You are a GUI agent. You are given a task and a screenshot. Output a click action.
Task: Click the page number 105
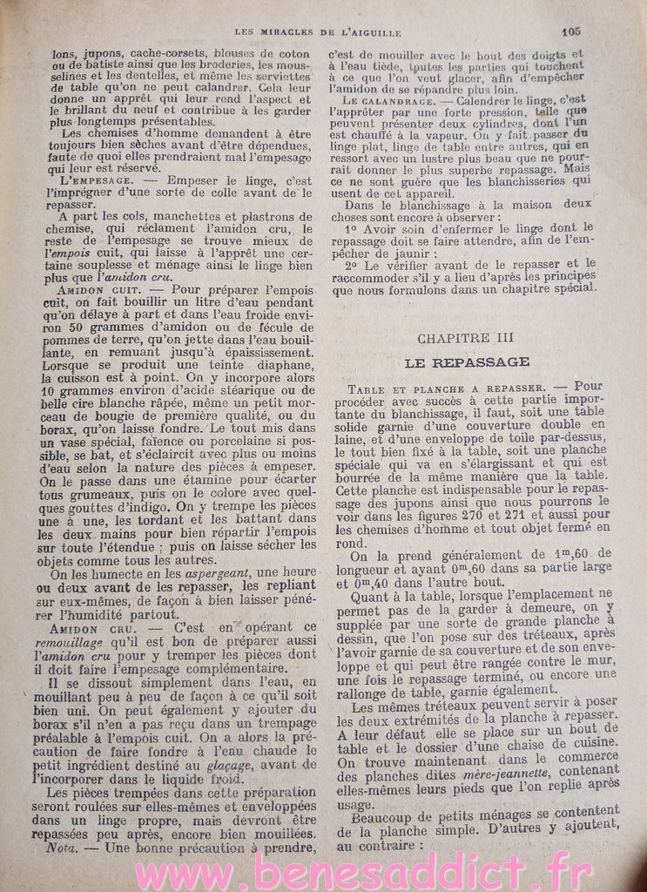coord(572,30)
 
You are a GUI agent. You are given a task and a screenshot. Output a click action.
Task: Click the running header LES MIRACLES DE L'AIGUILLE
coord(318,33)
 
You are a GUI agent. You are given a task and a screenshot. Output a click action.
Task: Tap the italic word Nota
coord(64,847)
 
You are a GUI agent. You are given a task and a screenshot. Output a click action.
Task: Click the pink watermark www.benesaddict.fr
coord(323,871)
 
